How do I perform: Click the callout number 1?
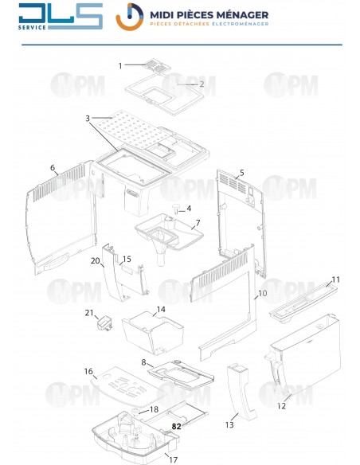pos(121,65)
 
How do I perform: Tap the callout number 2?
pos(202,84)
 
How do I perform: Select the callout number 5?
pos(242,173)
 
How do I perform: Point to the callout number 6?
pos(53,168)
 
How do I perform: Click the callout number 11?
pos(335,279)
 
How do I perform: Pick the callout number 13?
pos(232,416)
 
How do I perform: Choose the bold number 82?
pos(177,428)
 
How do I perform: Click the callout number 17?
pos(173,459)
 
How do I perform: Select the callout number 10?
pos(261,294)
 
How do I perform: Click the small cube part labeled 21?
pos(104,324)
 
